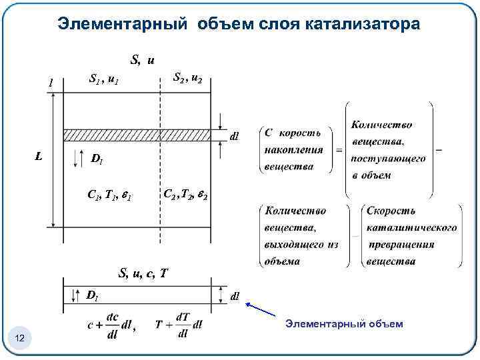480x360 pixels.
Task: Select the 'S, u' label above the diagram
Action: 143,60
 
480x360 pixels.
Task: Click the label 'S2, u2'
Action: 188,78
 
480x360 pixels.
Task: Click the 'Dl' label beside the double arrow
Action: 97,159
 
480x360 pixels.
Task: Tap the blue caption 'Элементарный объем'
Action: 344,324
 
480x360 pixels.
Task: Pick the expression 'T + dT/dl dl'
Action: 179,325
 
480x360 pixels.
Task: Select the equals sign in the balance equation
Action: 339,150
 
